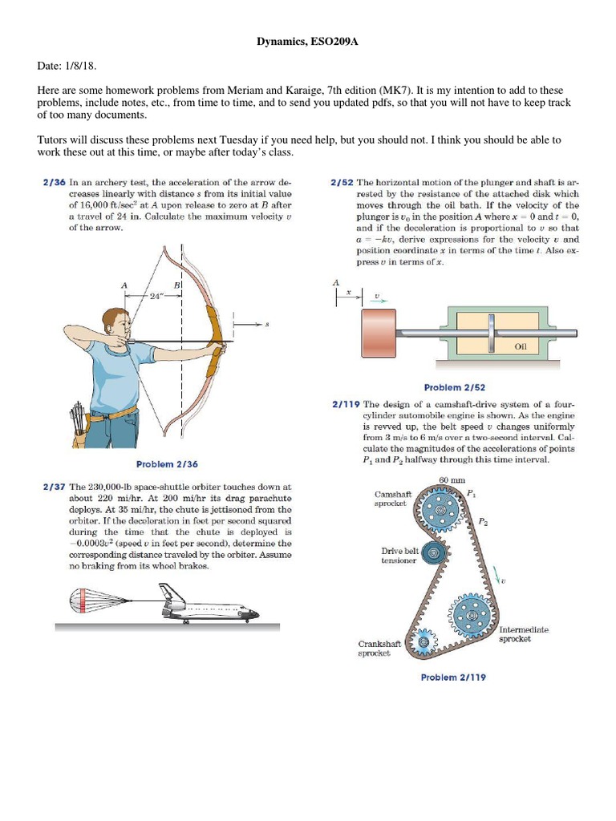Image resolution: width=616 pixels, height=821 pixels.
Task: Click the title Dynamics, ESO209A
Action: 307,42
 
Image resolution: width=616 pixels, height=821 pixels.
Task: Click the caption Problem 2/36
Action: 167,464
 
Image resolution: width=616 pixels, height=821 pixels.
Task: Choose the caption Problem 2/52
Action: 454,387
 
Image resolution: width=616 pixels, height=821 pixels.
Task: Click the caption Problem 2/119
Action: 453,677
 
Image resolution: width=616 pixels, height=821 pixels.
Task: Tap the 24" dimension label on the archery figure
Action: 157,295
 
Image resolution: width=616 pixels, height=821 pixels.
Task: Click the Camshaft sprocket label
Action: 393,499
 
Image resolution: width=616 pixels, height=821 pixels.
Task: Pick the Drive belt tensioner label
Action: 399,556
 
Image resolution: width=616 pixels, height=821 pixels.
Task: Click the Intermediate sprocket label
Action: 524,634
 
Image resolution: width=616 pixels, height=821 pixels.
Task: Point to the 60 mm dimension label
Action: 452,479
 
